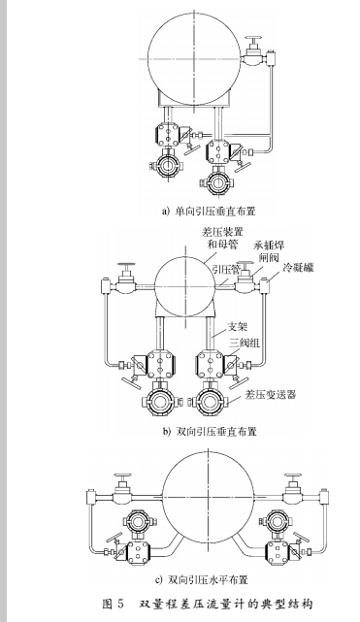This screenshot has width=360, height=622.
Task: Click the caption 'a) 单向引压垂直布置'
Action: click(195, 210)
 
